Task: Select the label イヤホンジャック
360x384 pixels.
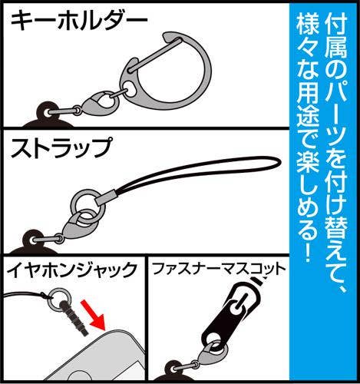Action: point(71,269)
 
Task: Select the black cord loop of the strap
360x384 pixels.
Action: point(207,181)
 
